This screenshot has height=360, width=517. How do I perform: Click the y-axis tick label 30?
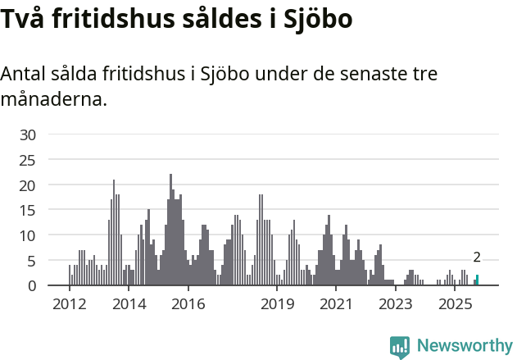(x=28, y=134)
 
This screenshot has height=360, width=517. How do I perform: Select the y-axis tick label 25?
(x=28, y=160)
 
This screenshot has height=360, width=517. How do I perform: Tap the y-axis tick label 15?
(x=28, y=210)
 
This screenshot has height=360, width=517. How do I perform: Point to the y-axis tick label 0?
(x=32, y=285)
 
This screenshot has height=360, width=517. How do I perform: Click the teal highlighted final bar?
(x=477, y=280)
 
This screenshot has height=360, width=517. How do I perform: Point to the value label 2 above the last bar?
(x=477, y=257)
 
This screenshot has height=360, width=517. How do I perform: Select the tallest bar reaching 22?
(x=170, y=230)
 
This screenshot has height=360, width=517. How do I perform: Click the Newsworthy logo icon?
(x=400, y=346)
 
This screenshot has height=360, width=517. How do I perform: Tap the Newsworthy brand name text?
(x=464, y=345)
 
